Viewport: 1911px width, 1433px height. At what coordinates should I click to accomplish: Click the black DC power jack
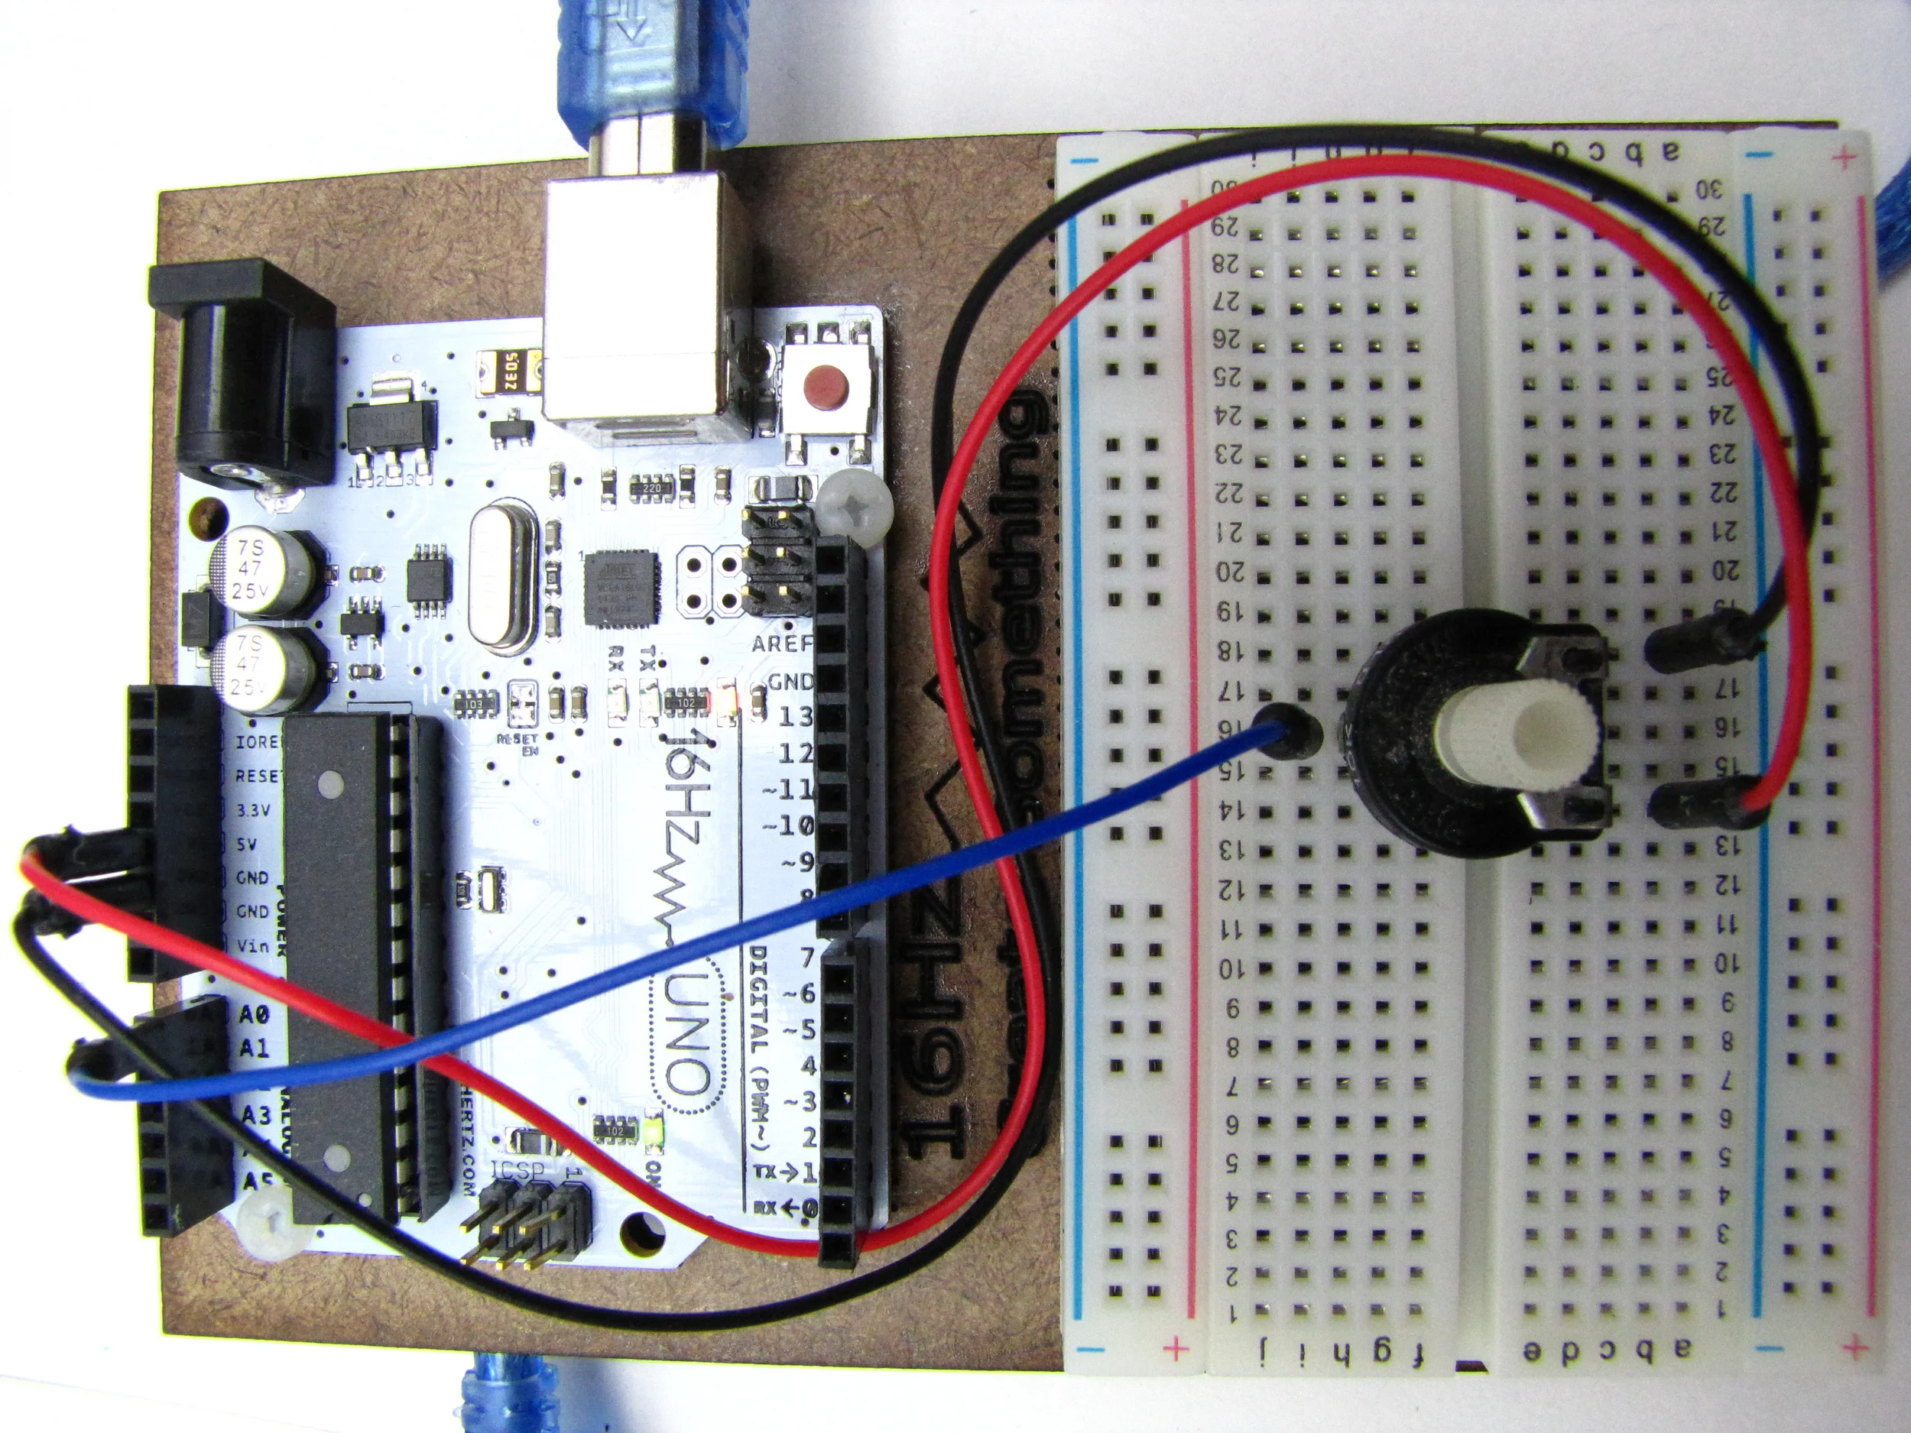pyautogui.click(x=245, y=371)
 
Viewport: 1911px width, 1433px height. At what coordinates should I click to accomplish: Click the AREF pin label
pyautogui.click(x=782, y=644)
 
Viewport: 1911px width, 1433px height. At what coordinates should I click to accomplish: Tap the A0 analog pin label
pyautogui.click(x=254, y=1013)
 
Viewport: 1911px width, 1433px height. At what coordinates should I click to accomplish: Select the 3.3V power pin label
pyautogui.click(x=253, y=810)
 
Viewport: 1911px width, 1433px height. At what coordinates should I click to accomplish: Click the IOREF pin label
pyautogui.click(x=257, y=741)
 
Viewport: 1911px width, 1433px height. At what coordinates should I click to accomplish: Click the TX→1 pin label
pyautogui.click(x=784, y=1172)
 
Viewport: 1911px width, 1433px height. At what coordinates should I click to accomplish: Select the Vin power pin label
pyautogui.click(x=252, y=946)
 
